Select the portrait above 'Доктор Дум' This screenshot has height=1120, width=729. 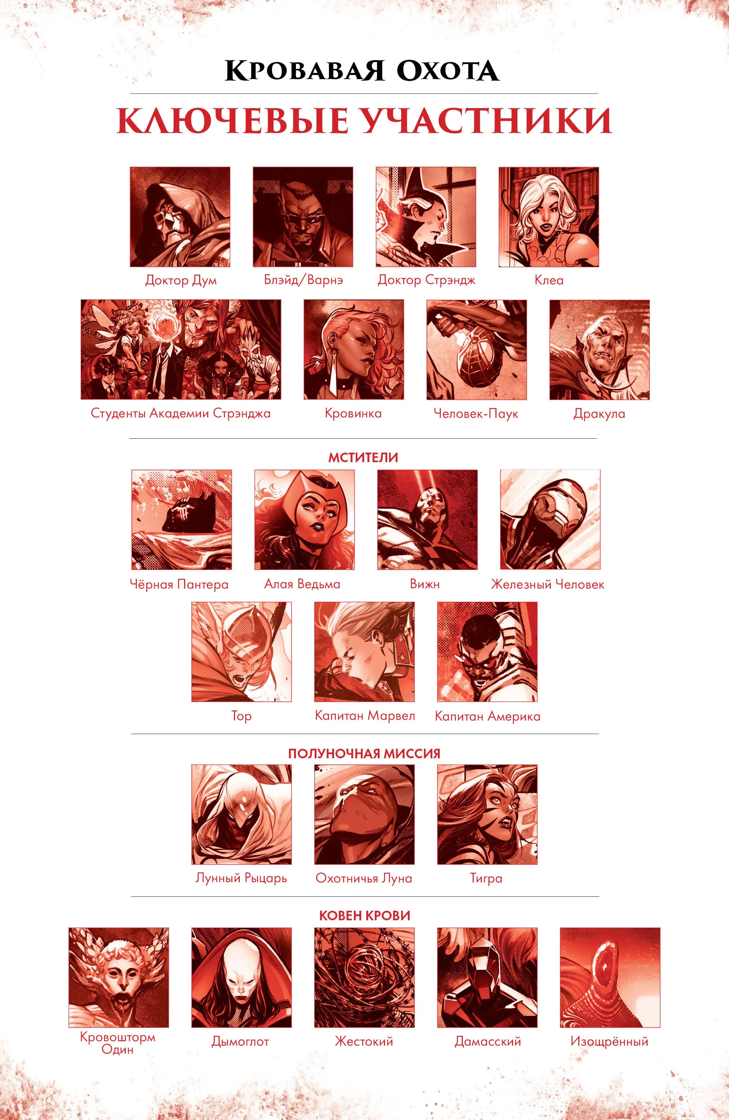(180, 217)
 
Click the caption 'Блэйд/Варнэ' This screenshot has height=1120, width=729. (303, 280)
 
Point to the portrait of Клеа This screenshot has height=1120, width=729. (549, 217)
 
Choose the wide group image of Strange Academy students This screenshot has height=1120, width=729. (181, 350)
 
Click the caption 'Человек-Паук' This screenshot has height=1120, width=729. (476, 414)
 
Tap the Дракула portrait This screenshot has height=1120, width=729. (600, 350)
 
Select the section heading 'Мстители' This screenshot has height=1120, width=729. (363, 458)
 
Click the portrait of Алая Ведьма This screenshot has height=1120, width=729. (304, 520)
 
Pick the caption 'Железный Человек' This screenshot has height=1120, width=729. (548, 585)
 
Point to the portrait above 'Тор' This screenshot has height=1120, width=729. (242, 652)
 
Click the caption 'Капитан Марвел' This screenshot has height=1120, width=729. (365, 716)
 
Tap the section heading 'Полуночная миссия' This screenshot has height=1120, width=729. (364, 754)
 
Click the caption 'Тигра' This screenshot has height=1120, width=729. (487, 878)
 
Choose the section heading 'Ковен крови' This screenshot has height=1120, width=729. (365, 916)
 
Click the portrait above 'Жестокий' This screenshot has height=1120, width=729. (364, 977)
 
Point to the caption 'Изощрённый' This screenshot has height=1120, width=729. (609, 1042)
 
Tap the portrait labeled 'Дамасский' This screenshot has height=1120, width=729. (487, 977)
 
